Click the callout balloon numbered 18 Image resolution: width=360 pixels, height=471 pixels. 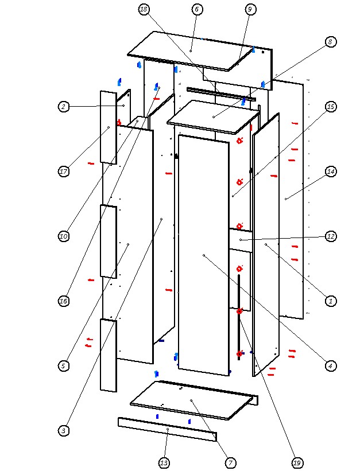[x=144, y=9]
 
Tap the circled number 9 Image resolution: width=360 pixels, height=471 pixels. [x=250, y=9]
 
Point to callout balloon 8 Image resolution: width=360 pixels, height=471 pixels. [x=330, y=42]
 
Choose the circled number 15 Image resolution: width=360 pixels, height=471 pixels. [x=330, y=107]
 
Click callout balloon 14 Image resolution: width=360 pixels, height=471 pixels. [x=330, y=172]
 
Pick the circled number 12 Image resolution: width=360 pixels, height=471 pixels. [x=330, y=236]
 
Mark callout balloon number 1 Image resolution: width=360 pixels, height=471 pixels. [x=330, y=301]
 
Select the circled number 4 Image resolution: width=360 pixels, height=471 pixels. [x=330, y=365]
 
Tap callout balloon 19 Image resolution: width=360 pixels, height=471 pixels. [x=297, y=462]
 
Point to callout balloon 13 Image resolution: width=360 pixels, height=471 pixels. [x=164, y=462]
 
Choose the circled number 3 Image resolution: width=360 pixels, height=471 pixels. [x=64, y=430]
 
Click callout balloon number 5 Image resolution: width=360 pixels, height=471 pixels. [x=64, y=365]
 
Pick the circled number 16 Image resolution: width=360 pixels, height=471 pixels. [x=64, y=301]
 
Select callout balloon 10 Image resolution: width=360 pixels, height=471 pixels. [x=64, y=236]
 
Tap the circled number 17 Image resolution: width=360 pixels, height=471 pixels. [x=64, y=172]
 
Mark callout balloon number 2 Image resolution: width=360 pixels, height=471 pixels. [x=64, y=107]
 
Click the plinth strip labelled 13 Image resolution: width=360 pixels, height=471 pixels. [x=167, y=429]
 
